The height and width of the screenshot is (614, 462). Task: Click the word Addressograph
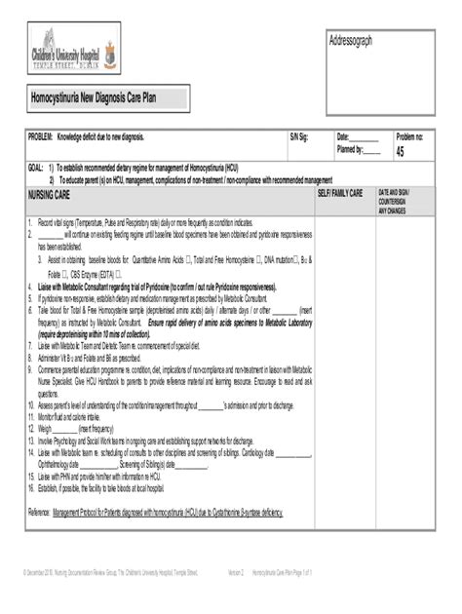coord(353,40)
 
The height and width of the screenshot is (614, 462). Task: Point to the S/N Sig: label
coord(297,136)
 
